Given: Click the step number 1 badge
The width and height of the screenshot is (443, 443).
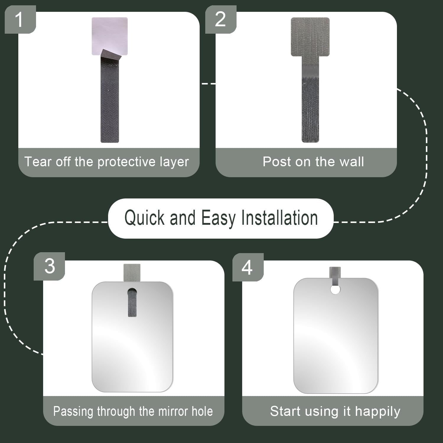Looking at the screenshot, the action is (x=20, y=19).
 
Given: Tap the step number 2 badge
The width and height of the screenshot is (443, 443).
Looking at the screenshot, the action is (x=221, y=19).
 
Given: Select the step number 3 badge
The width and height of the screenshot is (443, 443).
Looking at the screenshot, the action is (x=49, y=266).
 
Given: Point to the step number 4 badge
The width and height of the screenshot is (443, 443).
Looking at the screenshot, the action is (x=248, y=267).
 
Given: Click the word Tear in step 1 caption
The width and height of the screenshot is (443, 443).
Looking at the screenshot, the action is (x=38, y=162).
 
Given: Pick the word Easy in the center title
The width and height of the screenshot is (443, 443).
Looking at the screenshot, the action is (x=218, y=218).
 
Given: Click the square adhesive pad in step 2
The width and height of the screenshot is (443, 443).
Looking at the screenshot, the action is (x=310, y=37).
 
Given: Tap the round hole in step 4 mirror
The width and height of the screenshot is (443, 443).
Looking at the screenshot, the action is (x=335, y=290).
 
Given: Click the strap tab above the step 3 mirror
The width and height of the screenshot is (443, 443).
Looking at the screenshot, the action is (x=132, y=273).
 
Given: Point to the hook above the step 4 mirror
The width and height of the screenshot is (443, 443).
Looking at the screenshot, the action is (x=335, y=276).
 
